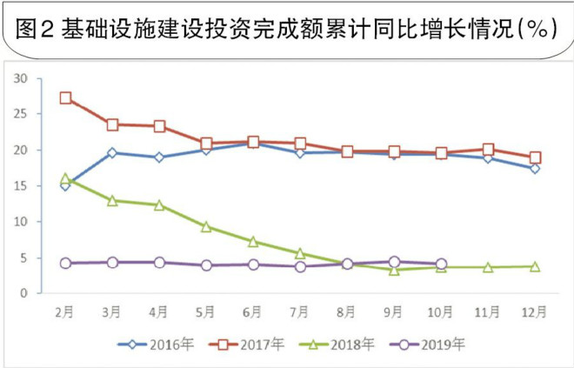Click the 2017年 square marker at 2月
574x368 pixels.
click(x=66, y=98)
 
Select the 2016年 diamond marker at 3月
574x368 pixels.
click(x=113, y=153)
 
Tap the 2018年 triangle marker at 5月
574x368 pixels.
click(x=206, y=226)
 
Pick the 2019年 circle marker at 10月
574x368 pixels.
click(x=441, y=264)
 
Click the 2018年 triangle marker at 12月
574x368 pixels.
click(x=535, y=266)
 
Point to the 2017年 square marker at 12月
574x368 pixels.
click(x=535, y=157)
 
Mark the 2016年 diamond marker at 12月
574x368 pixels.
click(x=535, y=168)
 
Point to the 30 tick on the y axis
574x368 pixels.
click(x=22, y=78)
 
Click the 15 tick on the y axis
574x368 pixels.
click(x=22, y=186)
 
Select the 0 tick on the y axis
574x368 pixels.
click(x=25, y=293)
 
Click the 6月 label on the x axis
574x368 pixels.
click(x=253, y=311)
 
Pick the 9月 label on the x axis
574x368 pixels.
click(x=394, y=311)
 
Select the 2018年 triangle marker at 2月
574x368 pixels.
click(x=66, y=179)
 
